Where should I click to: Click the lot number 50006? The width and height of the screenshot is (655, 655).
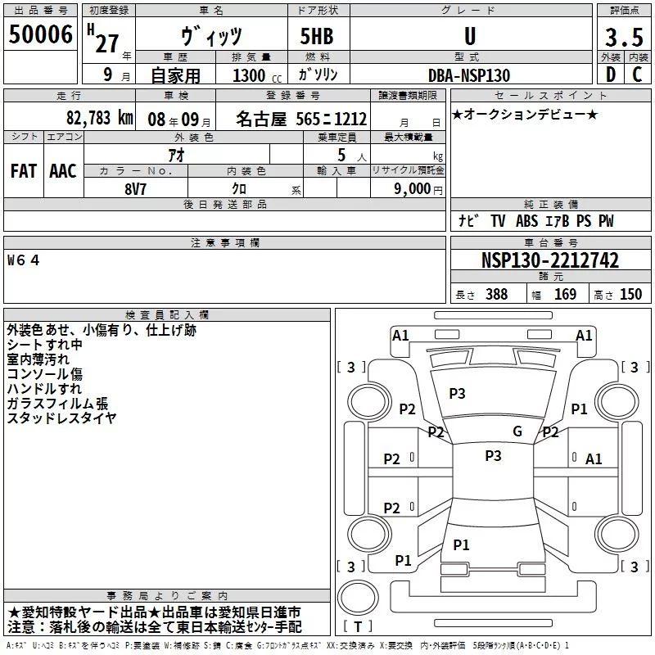click(x=41, y=35)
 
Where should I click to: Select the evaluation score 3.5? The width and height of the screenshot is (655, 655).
click(x=623, y=38)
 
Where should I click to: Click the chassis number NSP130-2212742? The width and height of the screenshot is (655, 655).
click(x=549, y=261)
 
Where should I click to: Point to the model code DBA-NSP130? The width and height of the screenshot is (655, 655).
click(x=469, y=75)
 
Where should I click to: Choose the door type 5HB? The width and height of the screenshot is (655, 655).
click(x=318, y=37)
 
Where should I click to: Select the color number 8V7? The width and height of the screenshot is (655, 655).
click(x=136, y=187)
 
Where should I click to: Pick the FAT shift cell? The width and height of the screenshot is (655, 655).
click(x=24, y=171)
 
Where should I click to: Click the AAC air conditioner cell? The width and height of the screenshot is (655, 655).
click(x=63, y=171)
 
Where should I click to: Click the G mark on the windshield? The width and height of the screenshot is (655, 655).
click(x=517, y=431)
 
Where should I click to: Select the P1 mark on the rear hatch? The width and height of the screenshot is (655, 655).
click(x=461, y=544)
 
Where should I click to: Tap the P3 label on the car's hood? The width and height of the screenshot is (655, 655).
click(x=457, y=394)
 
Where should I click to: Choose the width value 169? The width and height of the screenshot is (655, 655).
click(x=565, y=295)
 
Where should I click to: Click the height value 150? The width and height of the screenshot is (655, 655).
click(x=630, y=295)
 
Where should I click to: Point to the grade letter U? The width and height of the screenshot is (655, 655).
click(x=469, y=37)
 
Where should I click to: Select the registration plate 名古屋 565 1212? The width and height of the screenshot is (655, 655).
click(x=300, y=119)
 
